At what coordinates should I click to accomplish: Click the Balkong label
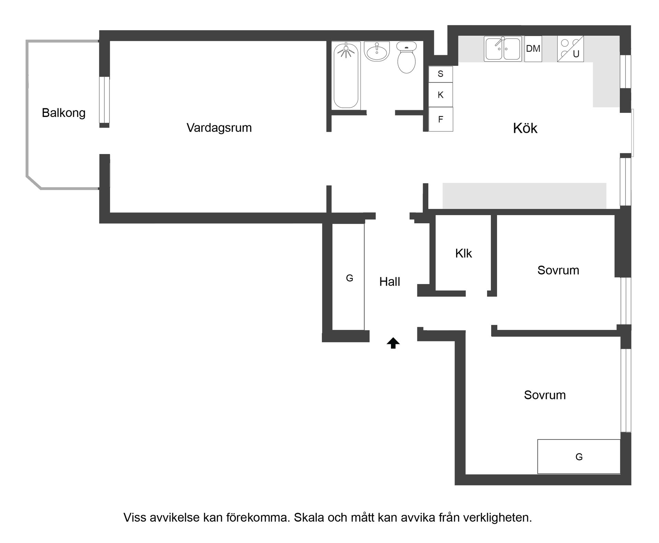tap(63, 113)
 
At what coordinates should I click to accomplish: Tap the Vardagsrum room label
tap(219, 128)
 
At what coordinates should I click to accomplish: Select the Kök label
tap(525, 128)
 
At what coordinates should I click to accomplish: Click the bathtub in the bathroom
tap(346, 75)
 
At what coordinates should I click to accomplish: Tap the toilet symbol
tap(406, 58)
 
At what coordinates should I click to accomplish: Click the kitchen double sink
tap(502, 49)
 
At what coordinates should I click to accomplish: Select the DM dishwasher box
tap(533, 49)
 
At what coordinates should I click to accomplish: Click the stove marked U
tap(570, 49)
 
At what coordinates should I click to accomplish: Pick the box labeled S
tap(441, 74)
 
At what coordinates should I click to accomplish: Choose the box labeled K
tap(441, 95)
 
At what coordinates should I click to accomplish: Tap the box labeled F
tap(441, 119)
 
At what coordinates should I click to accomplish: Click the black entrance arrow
tap(393, 343)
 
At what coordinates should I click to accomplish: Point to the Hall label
tap(390, 282)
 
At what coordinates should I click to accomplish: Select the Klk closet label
tap(463, 253)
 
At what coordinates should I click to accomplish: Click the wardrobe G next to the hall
tap(349, 278)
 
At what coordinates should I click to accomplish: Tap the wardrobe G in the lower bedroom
tap(579, 457)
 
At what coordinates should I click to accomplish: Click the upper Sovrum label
tap(558, 270)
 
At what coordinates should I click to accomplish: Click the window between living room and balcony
tap(104, 99)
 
